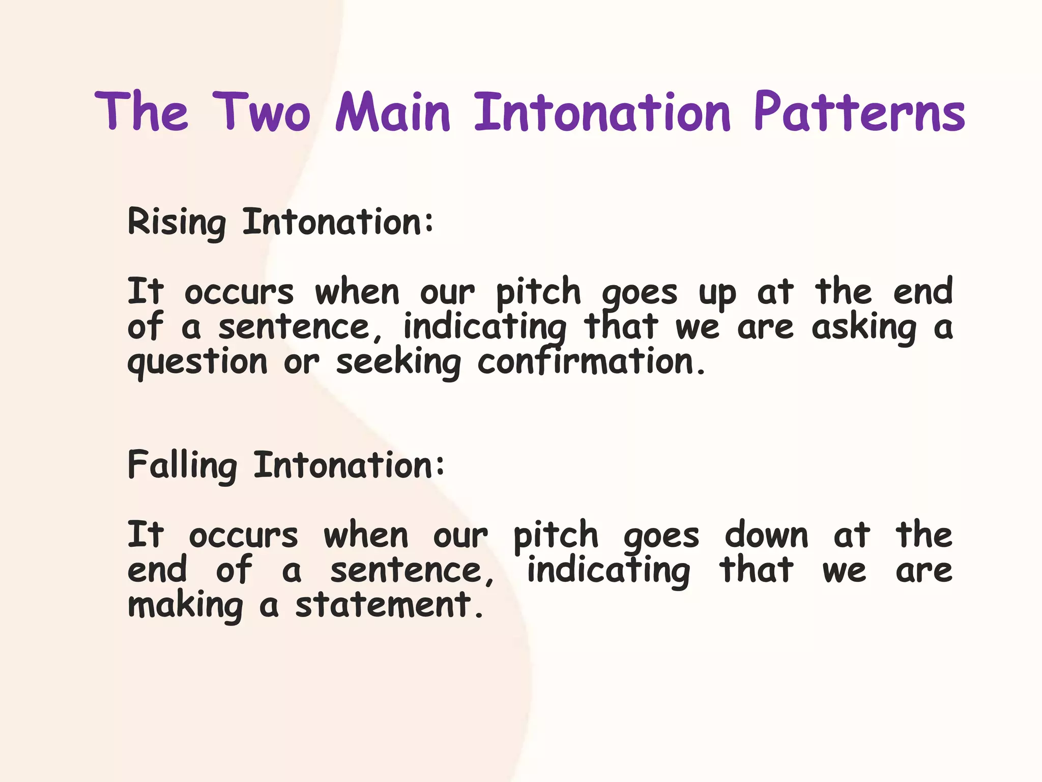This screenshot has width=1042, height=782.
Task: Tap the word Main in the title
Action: (x=393, y=111)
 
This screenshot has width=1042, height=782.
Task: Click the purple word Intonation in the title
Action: (x=602, y=111)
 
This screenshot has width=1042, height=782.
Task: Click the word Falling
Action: (x=182, y=466)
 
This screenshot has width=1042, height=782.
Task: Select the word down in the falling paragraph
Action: (x=766, y=536)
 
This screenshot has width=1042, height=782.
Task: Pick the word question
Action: (x=197, y=363)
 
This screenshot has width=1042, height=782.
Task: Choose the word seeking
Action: (x=398, y=363)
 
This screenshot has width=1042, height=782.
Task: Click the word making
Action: (x=185, y=606)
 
